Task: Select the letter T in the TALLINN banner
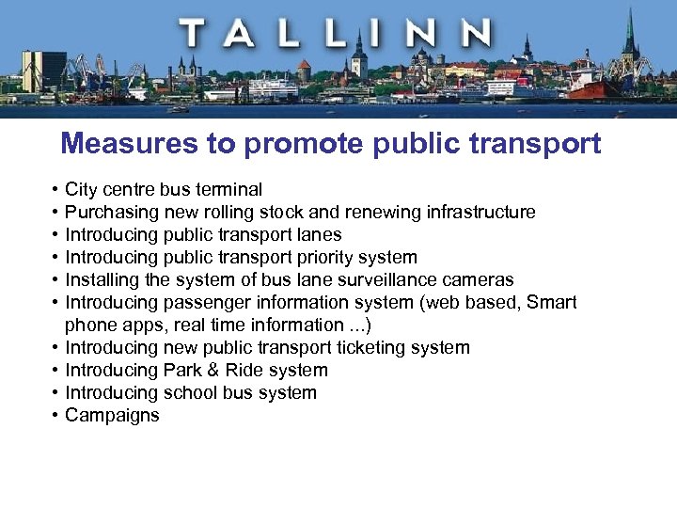click(x=196, y=34)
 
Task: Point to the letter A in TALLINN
click(x=241, y=34)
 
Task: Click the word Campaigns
click(x=112, y=415)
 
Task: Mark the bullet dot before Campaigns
click(x=57, y=415)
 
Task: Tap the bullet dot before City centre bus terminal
click(x=57, y=189)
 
